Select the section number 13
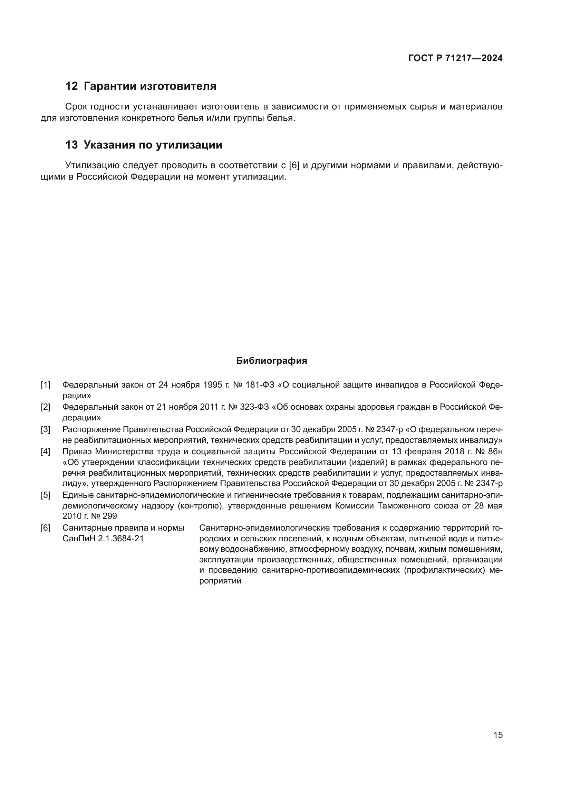[71, 145]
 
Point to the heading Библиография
[271, 361]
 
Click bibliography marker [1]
[45, 385]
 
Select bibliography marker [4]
[45, 451]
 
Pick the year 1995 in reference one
[213, 385]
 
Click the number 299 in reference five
[110, 516]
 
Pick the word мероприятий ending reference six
[220, 581]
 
